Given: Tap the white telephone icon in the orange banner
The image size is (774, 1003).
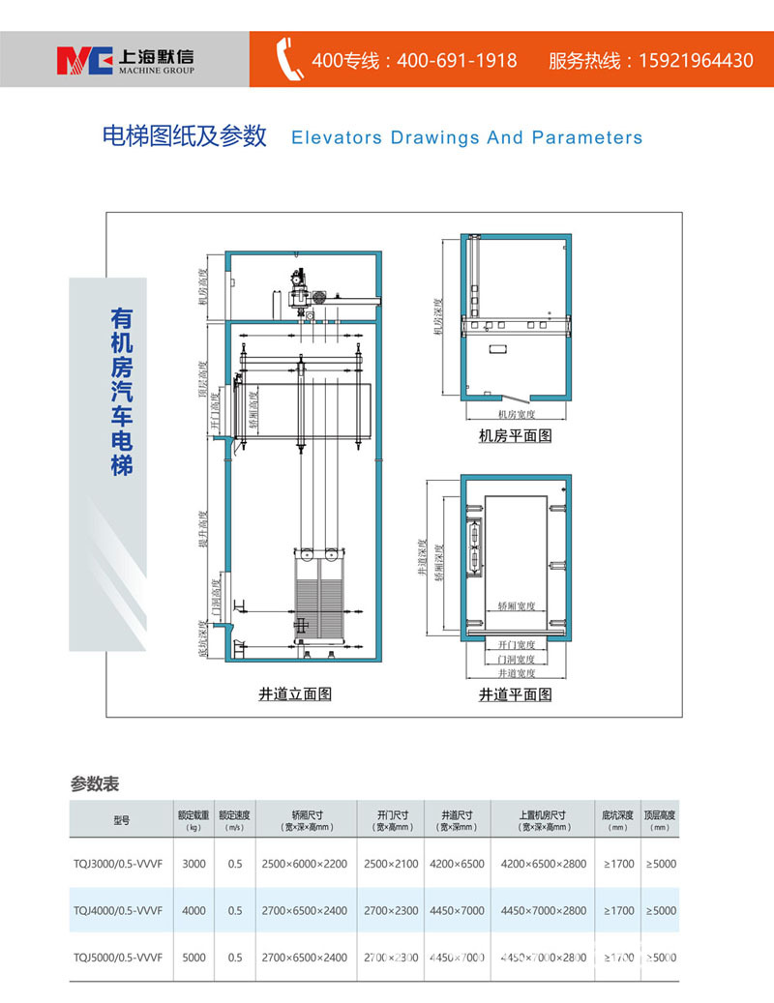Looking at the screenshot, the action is [x=289, y=58].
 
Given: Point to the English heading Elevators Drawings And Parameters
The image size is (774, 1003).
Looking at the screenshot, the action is [x=466, y=137].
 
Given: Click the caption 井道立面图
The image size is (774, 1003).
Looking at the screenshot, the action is [x=295, y=693].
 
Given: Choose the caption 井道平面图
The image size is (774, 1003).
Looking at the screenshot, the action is [x=516, y=694].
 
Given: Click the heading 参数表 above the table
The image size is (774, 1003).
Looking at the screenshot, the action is [x=95, y=782].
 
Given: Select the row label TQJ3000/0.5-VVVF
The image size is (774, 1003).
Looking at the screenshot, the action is [x=117, y=864].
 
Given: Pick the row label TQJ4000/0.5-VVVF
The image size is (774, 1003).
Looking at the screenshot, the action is [x=117, y=910].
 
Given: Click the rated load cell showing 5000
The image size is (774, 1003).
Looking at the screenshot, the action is [x=193, y=958].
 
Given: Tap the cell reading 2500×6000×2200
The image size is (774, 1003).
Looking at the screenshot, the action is [x=304, y=864].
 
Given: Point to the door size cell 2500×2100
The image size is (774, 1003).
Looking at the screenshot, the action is [x=391, y=864].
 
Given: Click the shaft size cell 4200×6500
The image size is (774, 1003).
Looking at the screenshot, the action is [x=457, y=864].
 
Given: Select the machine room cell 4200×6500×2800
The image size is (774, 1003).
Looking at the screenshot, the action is [x=543, y=864].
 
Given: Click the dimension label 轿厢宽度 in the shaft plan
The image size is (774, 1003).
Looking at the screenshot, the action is [x=517, y=606].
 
